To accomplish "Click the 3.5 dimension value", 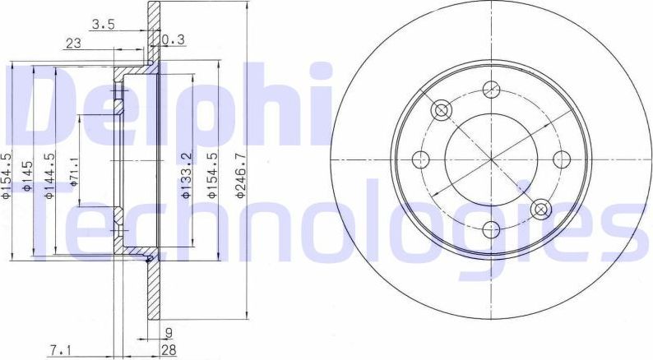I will tap(102, 25).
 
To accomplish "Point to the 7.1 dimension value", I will tap(59, 351).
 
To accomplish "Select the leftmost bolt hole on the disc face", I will tap(422, 159).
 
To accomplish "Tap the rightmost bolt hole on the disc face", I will tap(562, 159).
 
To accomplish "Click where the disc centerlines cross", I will tap(492, 159).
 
